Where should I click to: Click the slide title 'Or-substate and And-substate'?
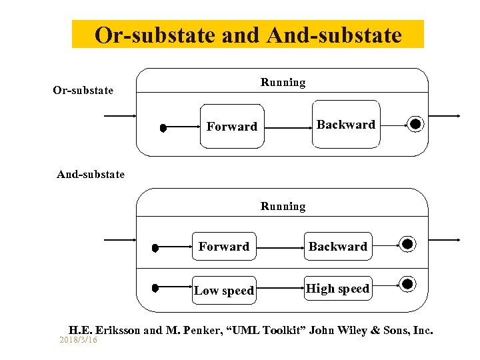pos(248,35)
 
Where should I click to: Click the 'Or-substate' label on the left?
pos(83,90)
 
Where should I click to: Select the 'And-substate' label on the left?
pos(91,175)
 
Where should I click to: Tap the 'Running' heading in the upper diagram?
pos(283,83)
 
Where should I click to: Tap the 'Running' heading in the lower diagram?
pos(283,207)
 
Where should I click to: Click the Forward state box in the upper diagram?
pos(231,125)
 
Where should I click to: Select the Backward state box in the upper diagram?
pos(345,124)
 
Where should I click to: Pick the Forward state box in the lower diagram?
pos(224,247)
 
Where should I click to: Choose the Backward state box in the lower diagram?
pos(337,247)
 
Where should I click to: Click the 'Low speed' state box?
pos(224,290)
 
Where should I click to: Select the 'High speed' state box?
pos(337,289)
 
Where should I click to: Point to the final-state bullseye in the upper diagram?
pos(415,124)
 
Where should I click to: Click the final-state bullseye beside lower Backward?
pos(407,244)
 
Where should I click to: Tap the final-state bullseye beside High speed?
pos(407,285)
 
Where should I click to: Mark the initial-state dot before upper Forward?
pos(163,129)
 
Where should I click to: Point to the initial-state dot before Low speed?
pos(155,288)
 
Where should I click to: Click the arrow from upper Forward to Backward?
pos(285,126)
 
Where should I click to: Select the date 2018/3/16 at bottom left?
pos(78,340)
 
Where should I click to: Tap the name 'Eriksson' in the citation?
pos(118,330)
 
